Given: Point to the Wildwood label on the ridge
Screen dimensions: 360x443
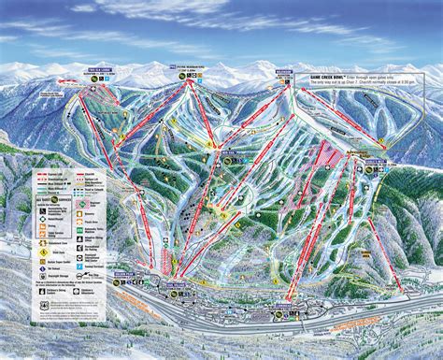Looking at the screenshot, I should [284, 69].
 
